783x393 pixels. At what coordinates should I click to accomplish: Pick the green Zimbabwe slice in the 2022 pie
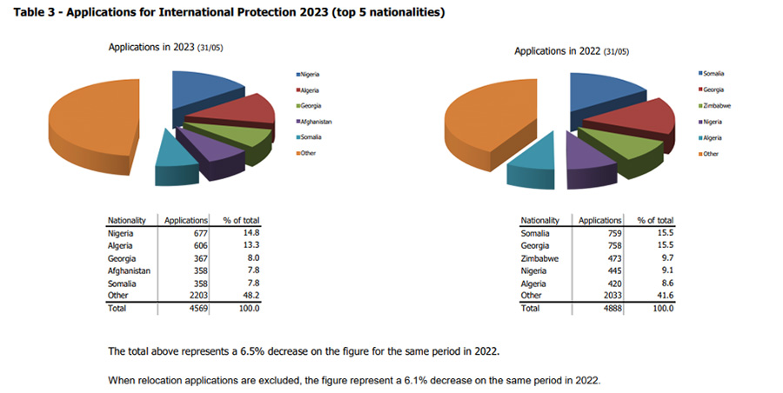pos(626,145)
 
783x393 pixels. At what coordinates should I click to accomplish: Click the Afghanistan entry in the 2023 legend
pos(318,122)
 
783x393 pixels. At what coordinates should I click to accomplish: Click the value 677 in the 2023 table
pos(198,233)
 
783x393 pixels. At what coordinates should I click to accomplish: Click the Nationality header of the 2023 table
pos(127,221)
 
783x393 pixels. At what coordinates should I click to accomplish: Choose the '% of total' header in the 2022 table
pos(655,221)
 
